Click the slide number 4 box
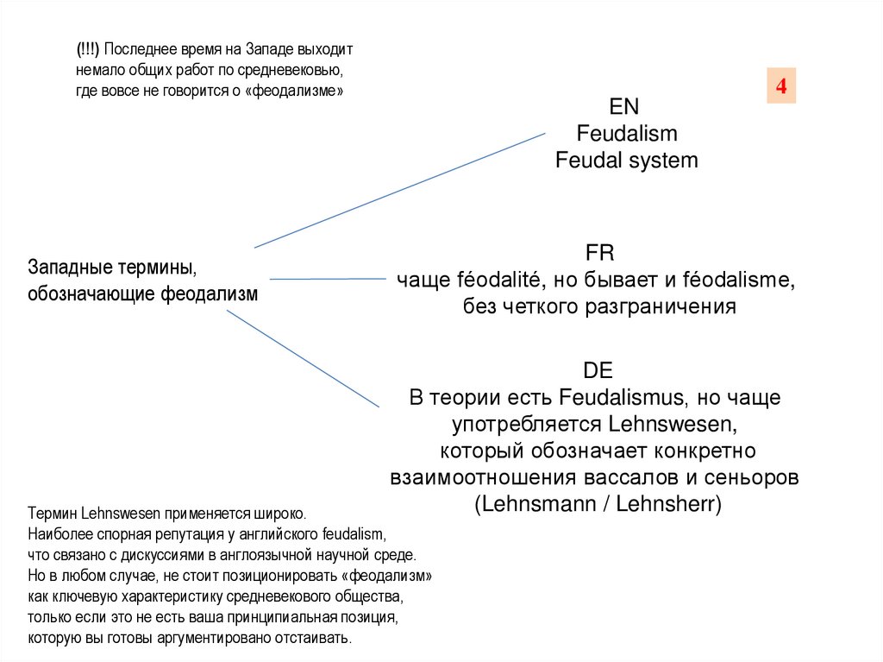(x=781, y=86)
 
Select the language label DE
(x=598, y=371)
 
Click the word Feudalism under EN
(x=627, y=134)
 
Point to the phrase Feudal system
(x=627, y=161)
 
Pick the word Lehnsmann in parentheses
(x=542, y=505)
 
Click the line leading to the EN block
(x=400, y=190)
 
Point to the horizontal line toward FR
(x=328, y=279)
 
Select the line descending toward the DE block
(x=302, y=358)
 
